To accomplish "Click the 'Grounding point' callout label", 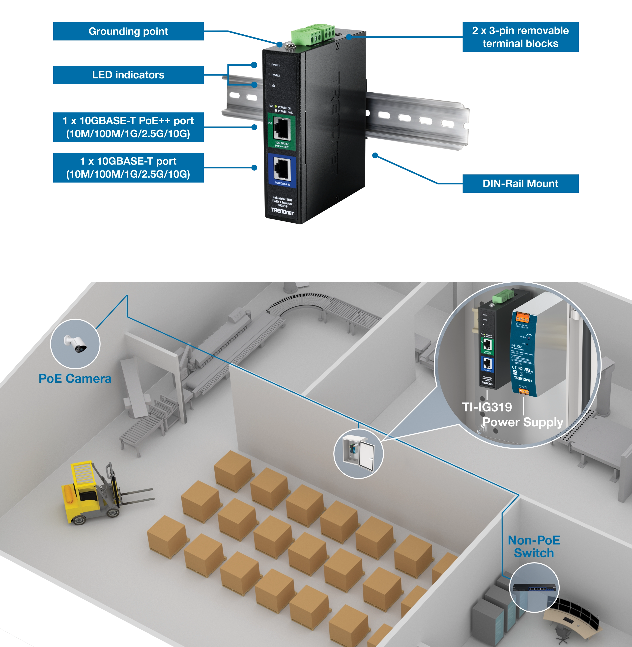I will (128, 31).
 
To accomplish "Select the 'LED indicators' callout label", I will (128, 75).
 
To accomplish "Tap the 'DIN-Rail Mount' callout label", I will (520, 184).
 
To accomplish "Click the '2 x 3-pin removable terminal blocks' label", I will (520, 37).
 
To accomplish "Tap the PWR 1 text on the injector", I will (276, 65).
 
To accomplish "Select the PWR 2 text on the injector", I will (276, 75).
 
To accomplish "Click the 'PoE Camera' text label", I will (75, 378).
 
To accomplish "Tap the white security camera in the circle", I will (76, 343).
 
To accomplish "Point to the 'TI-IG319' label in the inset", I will (487, 407).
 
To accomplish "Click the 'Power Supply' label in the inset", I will (523, 422).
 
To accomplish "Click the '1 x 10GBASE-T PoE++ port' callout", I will (128, 127).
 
